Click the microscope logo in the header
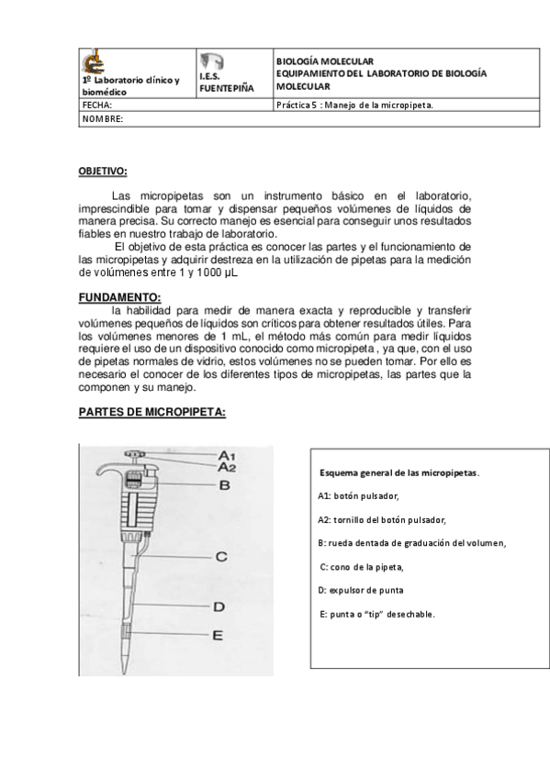coord(92,62)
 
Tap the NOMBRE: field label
coord(103,119)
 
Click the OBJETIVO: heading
coord(103,172)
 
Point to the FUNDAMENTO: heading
coord(119,296)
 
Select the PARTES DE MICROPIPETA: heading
coord(152,412)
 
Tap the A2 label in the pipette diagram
coord(228,467)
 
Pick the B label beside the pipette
coord(223,486)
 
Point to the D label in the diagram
coord(219,606)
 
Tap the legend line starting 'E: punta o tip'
coord(376,613)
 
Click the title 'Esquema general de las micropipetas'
coord(398,472)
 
